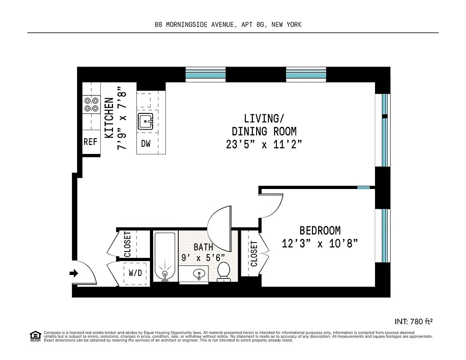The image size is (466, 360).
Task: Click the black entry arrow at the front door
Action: tap(74, 273)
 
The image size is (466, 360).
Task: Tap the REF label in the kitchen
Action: tap(90, 142)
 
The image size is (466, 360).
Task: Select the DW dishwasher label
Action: tap(146, 144)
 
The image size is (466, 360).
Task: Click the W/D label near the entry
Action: tap(135, 273)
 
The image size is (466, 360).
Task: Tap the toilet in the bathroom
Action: tap(224, 271)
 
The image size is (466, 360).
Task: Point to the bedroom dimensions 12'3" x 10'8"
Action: tap(320, 244)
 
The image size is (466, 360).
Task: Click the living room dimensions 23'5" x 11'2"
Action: tap(264, 144)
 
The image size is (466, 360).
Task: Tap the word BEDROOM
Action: tap(320, 230)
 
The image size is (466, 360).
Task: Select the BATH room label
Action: tap(204, 247)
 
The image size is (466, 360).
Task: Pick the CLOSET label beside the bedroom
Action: tap(254, 254)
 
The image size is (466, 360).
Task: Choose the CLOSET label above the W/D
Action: tap(127, 244)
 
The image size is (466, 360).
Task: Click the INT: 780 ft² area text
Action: tap(413, 321)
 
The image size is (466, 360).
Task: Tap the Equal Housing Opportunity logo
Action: tap(35, 336)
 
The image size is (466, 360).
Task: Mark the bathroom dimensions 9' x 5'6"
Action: tap(203, 258)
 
